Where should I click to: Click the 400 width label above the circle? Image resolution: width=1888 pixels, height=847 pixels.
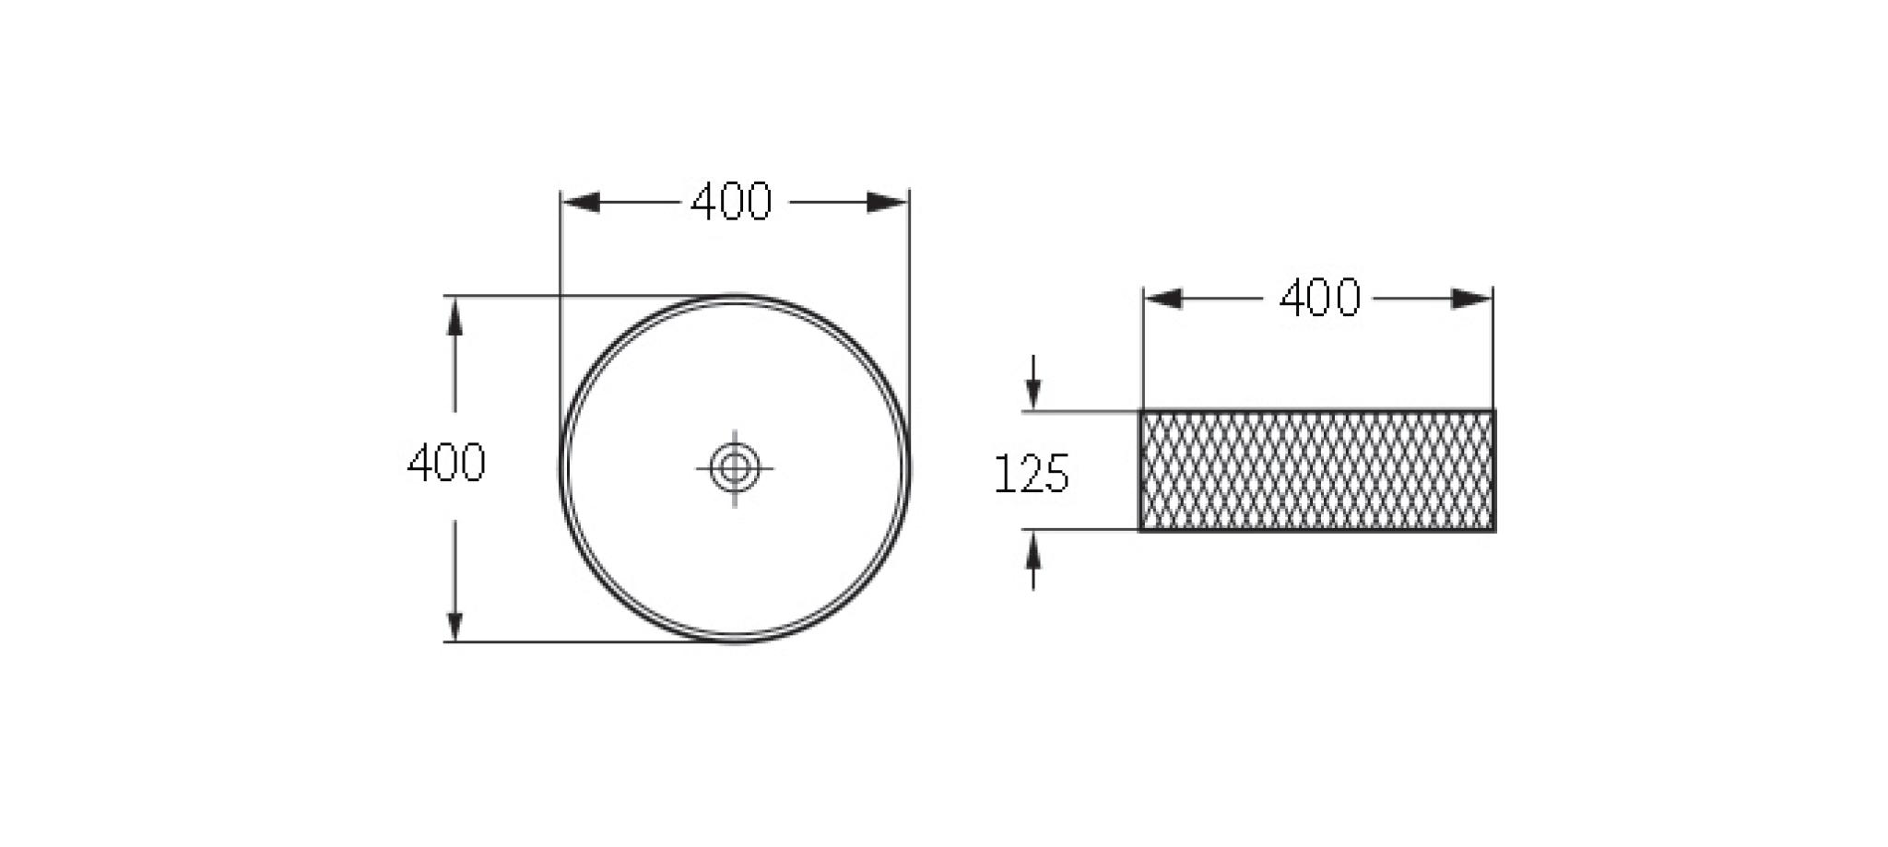[x=731, y=202]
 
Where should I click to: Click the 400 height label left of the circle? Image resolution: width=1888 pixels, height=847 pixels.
[x=446, y=463]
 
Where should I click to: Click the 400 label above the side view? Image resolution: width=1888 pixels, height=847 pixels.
[x=1319, y=299]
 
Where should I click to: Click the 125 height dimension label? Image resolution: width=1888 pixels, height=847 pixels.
[x=1032, y=474]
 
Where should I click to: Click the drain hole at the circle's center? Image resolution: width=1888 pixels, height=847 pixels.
[x=735, y=468]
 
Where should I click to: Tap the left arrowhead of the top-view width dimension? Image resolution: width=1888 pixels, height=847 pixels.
[x=581, y=203]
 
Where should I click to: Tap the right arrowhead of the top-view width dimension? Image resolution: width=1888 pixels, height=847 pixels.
[x=889, y=203]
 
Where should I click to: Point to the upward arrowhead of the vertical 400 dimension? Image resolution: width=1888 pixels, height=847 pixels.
[x=454, y=315]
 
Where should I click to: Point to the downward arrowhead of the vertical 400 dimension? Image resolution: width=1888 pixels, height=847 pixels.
[x=454, y=622]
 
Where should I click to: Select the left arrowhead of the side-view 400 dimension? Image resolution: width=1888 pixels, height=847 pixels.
[x=1163, y=299]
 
